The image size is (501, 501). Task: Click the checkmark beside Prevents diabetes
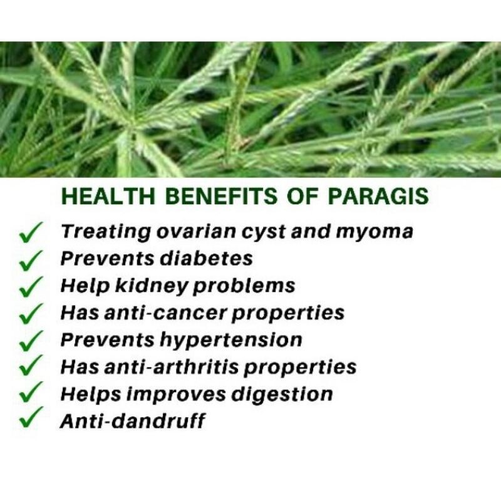[30, 259]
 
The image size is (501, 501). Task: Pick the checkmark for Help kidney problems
[30, 286]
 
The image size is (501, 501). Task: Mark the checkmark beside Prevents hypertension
[30, 340]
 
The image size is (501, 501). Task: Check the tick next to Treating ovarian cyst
[30, 233]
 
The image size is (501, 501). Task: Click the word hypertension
[232, 340]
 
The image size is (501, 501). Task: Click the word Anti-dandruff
[132, 421]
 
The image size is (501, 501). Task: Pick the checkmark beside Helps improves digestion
[30, 393]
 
